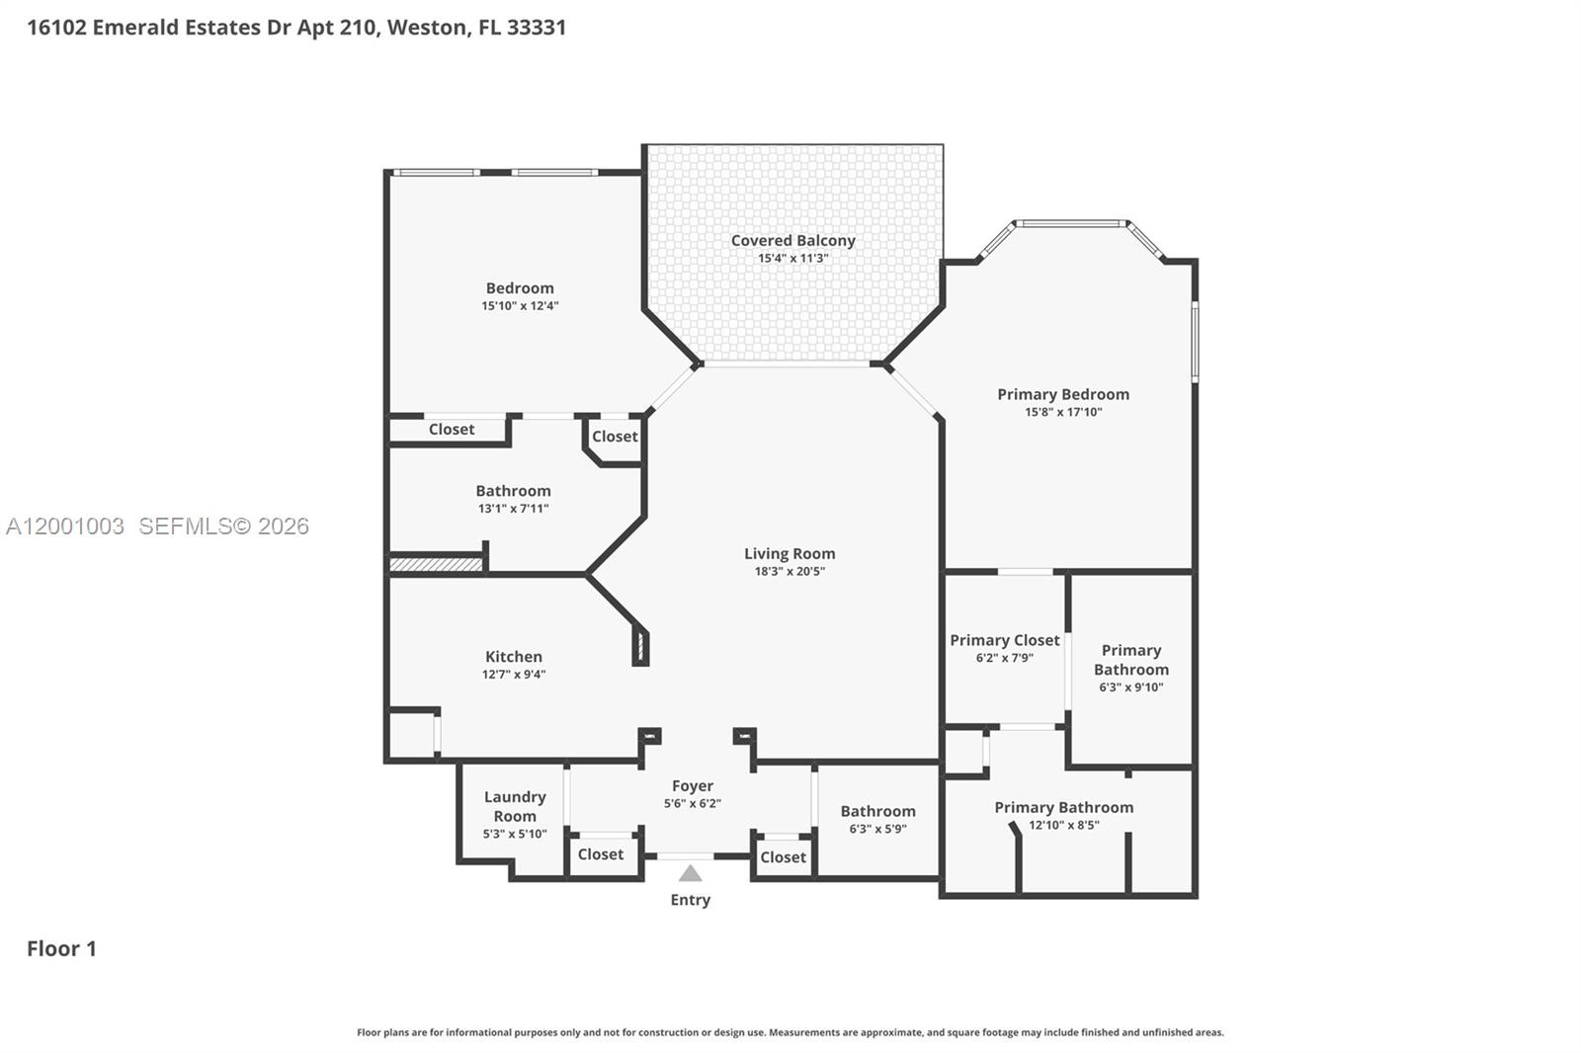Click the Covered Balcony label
(x=792, y=240)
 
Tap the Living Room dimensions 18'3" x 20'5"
(x=789, y=571)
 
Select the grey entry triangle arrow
(x=691, y=874)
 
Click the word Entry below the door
(x=690, y=900)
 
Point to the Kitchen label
(x=513, y=657)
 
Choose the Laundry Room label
(x=515, y=806)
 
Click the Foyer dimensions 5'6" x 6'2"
(x=692, y=803)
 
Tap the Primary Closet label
(x=1004, y=640)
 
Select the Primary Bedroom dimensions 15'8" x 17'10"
(x=1063, y=412)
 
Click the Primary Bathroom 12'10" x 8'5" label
(x=1063, y=808)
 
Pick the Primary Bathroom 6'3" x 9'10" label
(x=1131, y=660)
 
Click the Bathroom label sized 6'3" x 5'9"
(x=877, y=811)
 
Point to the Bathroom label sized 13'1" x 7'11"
(x=513, y=491)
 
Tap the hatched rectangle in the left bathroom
(x=435, y=565)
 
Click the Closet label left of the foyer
(x=600, y=854)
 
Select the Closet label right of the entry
(x=783, y=857)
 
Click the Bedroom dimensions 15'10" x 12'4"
(x=520, y=306)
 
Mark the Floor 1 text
(x=61, y=948)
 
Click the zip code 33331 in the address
(x=537, y=27)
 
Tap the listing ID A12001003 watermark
(x=65, y=526)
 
